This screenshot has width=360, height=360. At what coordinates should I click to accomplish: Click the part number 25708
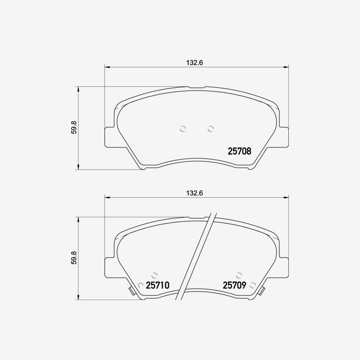[x=239, y=151]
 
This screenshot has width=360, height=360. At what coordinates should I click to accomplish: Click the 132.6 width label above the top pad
[x=195, y=62]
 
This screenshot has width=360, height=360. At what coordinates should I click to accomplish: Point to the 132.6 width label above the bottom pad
[x=195, y=193]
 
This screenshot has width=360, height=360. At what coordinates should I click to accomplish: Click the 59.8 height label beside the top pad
[x=74, y=127]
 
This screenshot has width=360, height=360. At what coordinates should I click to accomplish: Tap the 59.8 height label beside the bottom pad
[x=74, y=258]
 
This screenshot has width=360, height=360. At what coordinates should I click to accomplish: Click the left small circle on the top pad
[x=183, y=128]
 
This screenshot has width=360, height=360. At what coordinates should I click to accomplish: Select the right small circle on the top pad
[x=211, y=128]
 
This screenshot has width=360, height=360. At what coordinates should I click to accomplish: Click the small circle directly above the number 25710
[x=154, y=275]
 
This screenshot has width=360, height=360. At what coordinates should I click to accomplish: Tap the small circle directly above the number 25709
[x=239, y=275]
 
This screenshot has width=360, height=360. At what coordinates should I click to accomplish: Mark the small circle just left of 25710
[x=140, y=285]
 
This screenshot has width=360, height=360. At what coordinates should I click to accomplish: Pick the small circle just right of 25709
[x=252, y=285]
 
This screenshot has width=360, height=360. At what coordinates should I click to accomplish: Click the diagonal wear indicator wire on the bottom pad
[x=197, y=256]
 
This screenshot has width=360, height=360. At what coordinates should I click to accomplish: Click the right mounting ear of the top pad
[x=284, y=137]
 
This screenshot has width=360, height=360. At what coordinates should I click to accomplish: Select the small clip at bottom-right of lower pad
[x=262, y=291]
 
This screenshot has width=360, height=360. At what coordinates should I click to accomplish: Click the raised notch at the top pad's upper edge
[x=196, y=87]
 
